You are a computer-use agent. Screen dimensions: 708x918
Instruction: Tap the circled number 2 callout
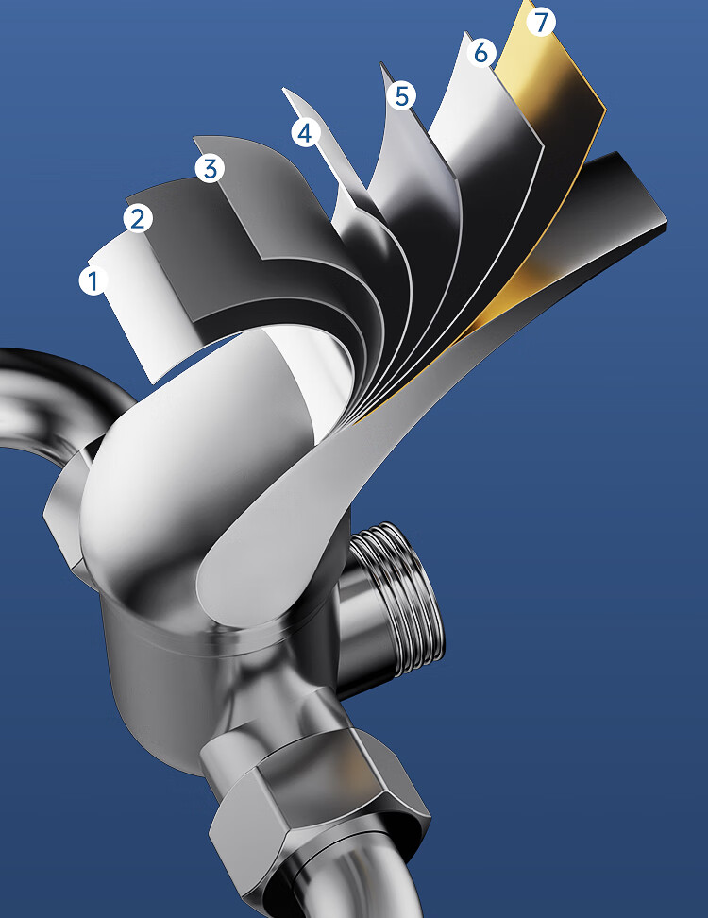[138, 218]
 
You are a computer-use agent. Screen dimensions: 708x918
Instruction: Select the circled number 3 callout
[210, 169]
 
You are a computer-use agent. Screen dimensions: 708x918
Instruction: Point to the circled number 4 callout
[305, 133]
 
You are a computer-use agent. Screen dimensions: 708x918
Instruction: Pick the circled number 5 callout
[402, 95]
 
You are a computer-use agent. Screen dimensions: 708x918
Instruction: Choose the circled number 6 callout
[481, 53]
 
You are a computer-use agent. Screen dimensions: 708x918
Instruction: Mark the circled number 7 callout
[541, 23]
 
